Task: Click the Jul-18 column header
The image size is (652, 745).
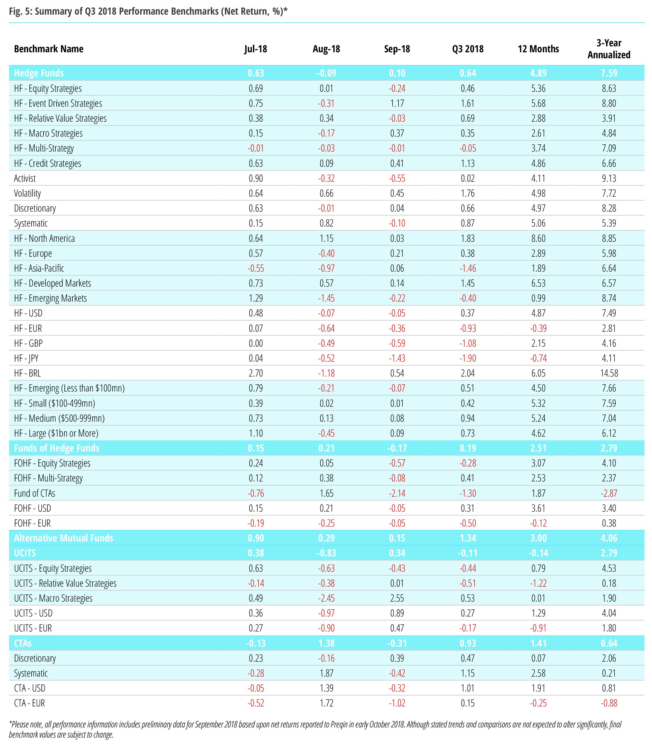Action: pos(255,49)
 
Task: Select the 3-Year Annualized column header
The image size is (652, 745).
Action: pos(609,49)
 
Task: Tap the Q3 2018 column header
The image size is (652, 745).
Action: pos(467,49)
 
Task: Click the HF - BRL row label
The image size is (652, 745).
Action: pos(27,373)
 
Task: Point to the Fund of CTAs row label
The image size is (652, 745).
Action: pos(35,493)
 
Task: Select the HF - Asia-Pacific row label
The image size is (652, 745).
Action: pos(39,268)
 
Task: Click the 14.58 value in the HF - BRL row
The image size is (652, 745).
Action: pos(609,373)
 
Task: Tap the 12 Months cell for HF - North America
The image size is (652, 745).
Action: pos(538,238)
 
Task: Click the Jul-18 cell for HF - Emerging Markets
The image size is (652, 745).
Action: pos(255,298)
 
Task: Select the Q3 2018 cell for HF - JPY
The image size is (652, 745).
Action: pos(467,358)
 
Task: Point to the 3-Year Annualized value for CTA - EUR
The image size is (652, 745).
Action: pos(609,703)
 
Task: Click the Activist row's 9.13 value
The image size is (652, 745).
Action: pos(609,178)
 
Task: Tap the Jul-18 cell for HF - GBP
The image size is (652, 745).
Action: pos(255,343)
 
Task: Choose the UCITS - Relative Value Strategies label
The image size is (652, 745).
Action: pos(65,583)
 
